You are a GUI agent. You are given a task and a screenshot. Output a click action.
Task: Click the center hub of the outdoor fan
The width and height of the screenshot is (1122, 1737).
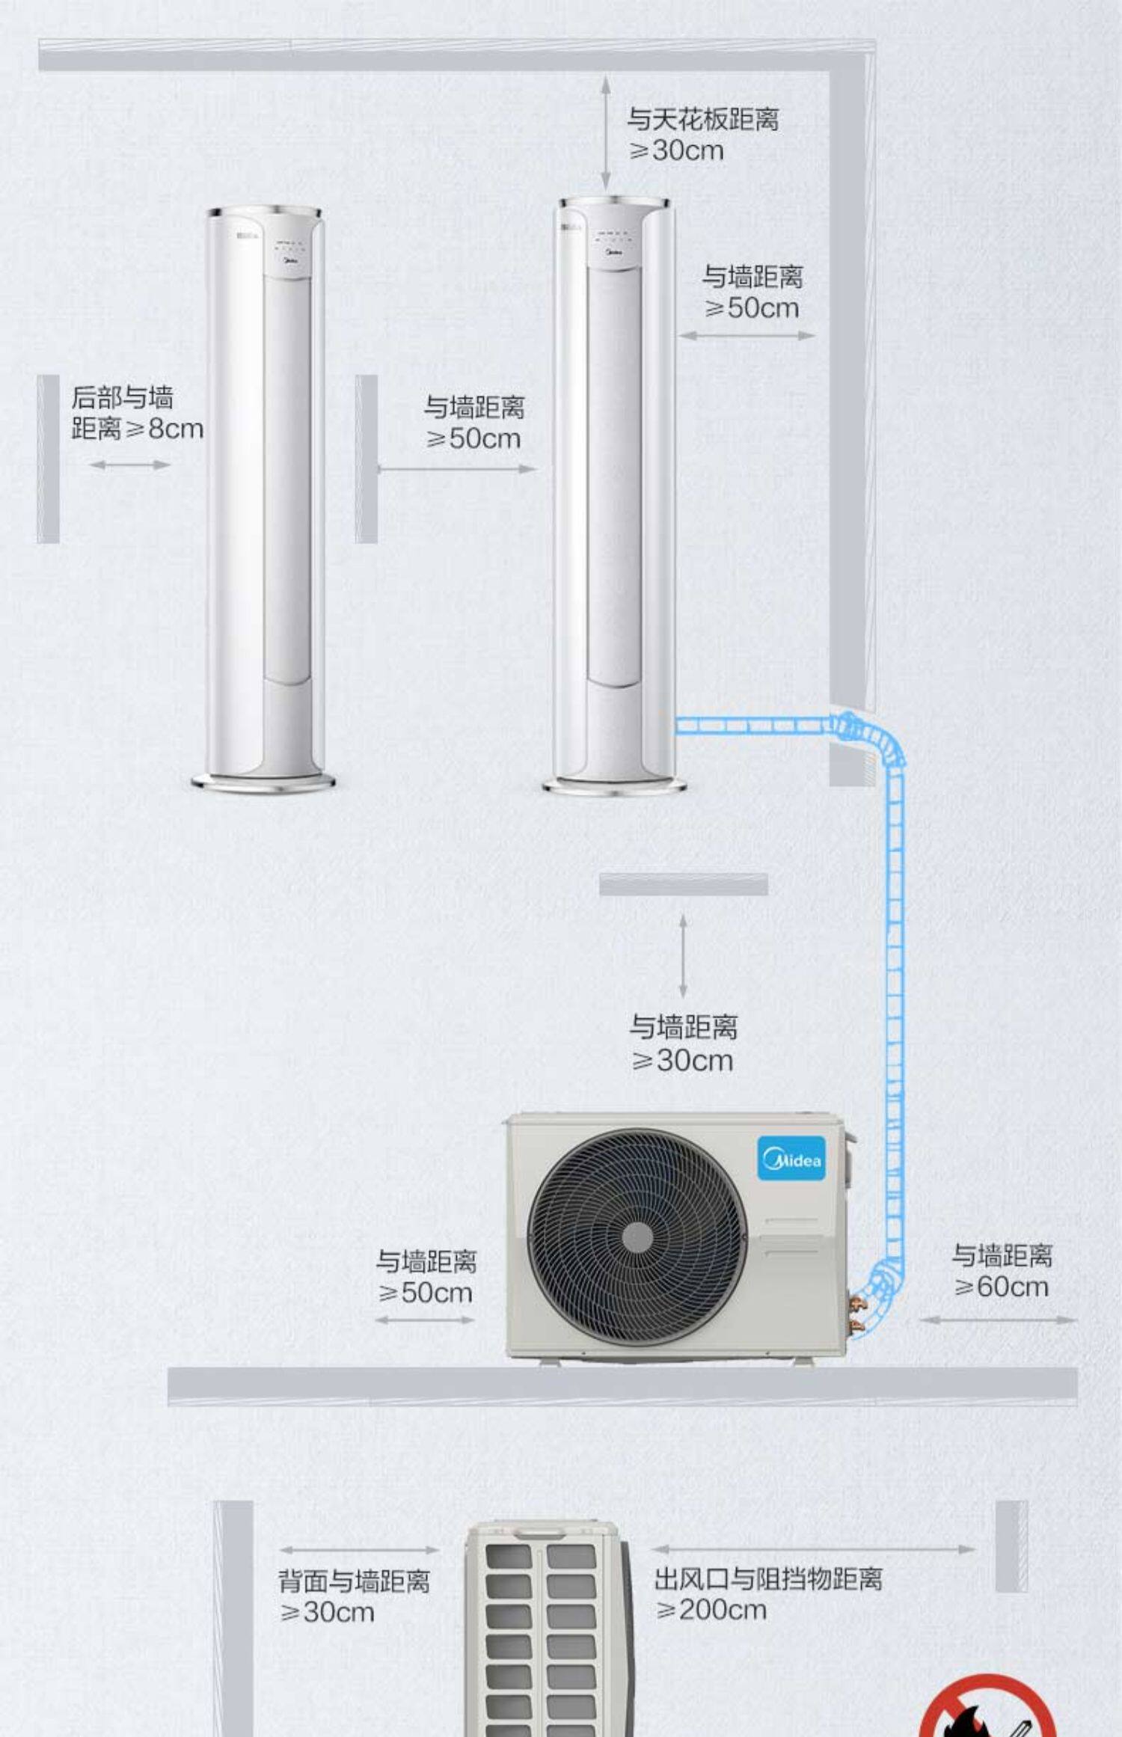[x=637, y=1237]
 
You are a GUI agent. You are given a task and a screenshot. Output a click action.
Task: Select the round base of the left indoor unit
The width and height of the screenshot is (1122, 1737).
[x=263, y=782]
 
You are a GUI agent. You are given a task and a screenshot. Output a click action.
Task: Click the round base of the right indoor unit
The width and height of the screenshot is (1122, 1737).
[x=613, y=785]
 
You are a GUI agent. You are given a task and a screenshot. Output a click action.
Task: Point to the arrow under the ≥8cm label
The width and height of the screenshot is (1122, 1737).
[x=129, y=465]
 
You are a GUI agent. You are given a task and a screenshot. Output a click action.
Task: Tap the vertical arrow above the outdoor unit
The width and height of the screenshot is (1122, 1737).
[x=683, y=955]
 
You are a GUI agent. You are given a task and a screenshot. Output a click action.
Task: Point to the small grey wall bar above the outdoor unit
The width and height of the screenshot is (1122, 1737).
[x=683, y=884]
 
